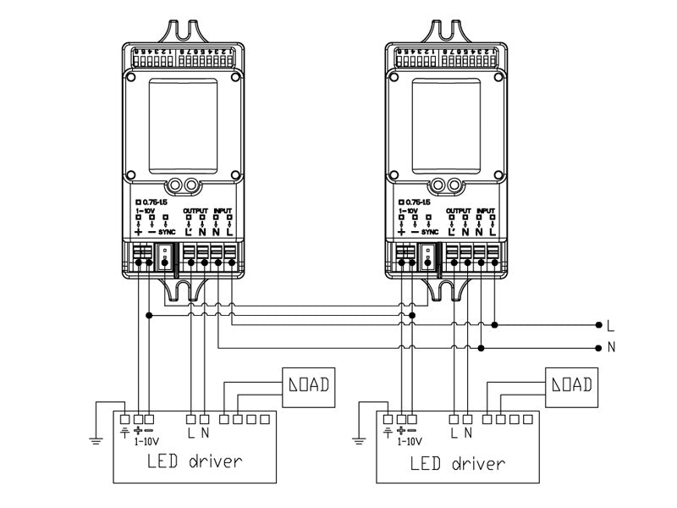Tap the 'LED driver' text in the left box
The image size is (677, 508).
pyautogui.click(x=194, y=462)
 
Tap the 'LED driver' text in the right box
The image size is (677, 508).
pyautogui.click(x=457, y=463)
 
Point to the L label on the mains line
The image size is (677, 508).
pyautogui.click(x=610, y=324)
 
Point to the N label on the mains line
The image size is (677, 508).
pyautogui.click(x=610, y=347)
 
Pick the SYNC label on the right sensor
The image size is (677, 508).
pyautogui.click(x=430, y=231)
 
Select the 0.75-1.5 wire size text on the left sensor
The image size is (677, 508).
pyautogui.click(x=152, y=202)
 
